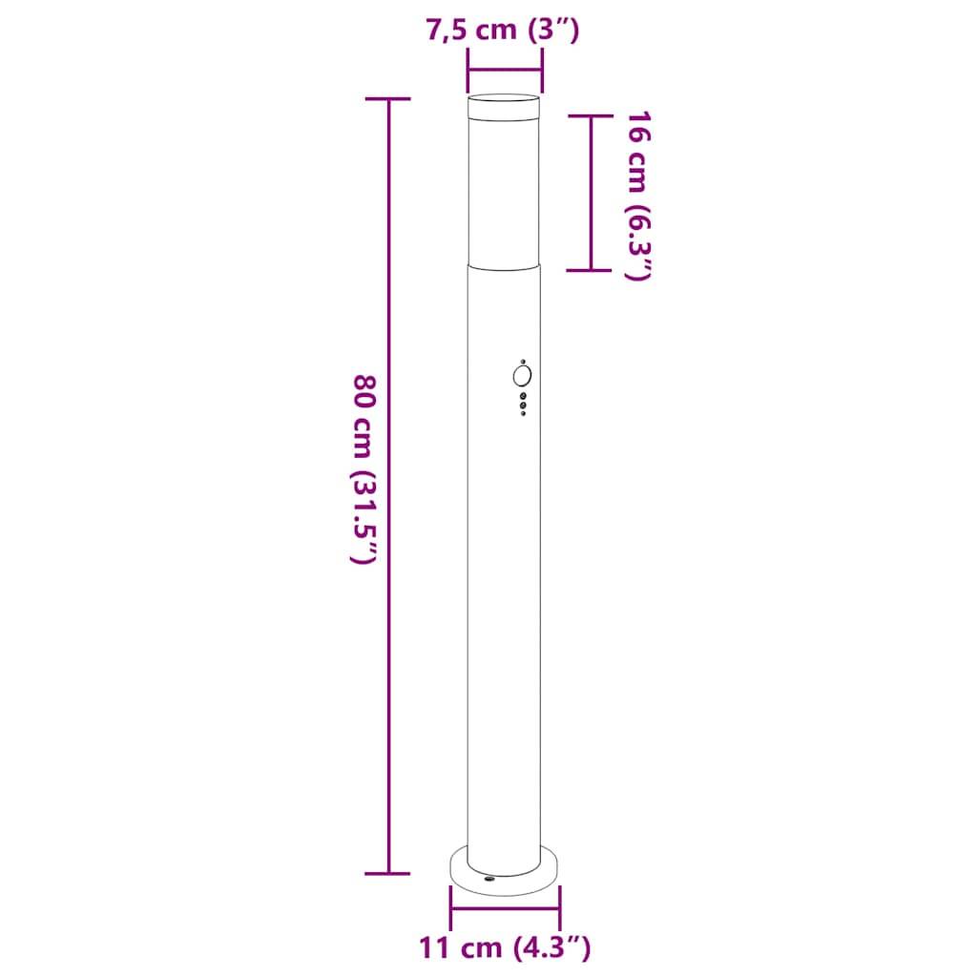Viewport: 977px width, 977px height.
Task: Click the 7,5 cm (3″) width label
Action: click(504, 30)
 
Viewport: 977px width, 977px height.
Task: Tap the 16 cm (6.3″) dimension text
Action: click(637, 196)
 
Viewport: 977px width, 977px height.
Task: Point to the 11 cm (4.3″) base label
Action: click(505, 947)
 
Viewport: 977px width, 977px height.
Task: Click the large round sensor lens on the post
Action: click(523, 375)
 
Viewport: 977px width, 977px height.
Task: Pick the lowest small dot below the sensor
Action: click(523, 412)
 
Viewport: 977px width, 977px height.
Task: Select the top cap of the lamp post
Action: click(504, 99)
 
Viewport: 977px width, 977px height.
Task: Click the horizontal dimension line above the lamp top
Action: click(504, 68)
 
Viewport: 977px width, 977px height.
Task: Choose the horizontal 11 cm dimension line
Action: click(506, 907)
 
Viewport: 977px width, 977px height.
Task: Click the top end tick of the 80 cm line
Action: click(388, 99)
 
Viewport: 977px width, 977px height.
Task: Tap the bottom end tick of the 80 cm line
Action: click(388, 873)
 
